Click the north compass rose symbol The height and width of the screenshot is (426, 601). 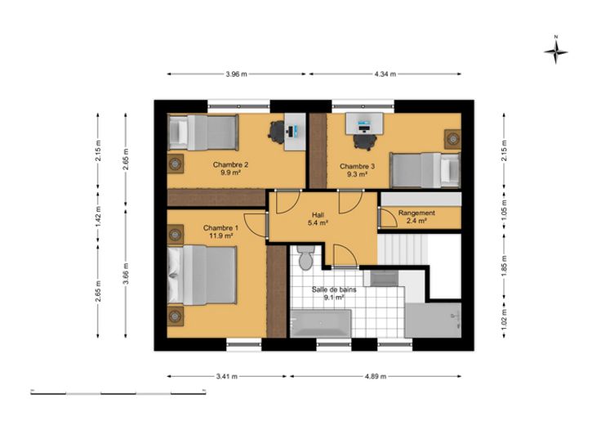[x=556, y=51]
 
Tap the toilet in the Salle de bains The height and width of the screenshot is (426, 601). [x=306, y=257]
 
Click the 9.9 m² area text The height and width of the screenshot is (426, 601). [x=230, y=173]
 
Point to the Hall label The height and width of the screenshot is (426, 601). [x=318, y=214]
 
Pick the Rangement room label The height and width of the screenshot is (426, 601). [x=416, y=213]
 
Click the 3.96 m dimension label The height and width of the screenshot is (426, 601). [x=237, y=74]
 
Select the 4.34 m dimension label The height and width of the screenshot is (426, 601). [x=385, y=74]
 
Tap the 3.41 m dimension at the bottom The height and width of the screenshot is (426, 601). [x=227, y=376]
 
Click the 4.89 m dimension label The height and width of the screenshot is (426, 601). [x=376, y=376]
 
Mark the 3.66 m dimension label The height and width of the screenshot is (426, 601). [x=126, y=274]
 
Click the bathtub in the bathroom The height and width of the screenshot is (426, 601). [x=321, y=324]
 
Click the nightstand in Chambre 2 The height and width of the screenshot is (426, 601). [x=176, y=164]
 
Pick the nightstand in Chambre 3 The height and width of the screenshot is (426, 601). [x=452, y=138]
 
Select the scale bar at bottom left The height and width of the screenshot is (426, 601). [x=118, y=392]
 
